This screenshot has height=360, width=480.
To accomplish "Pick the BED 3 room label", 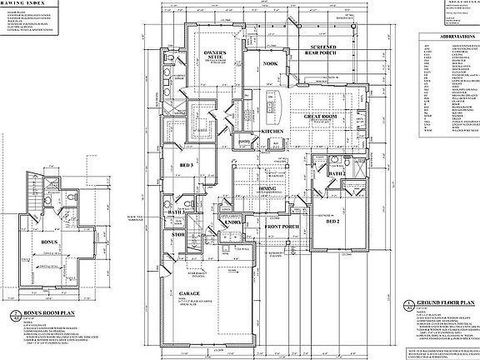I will [185, 165].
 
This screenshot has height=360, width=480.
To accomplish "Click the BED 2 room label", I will [332, 223].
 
